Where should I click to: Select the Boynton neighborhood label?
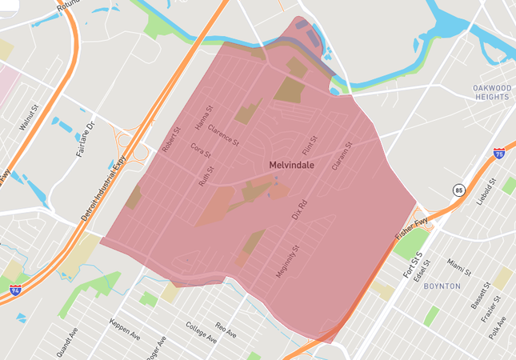[442, 286]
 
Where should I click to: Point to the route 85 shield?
[458, 190]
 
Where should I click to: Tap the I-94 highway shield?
[15, 288]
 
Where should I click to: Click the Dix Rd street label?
[300, 209]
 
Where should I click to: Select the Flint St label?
[310, 145]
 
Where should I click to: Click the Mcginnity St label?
[286, 262]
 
